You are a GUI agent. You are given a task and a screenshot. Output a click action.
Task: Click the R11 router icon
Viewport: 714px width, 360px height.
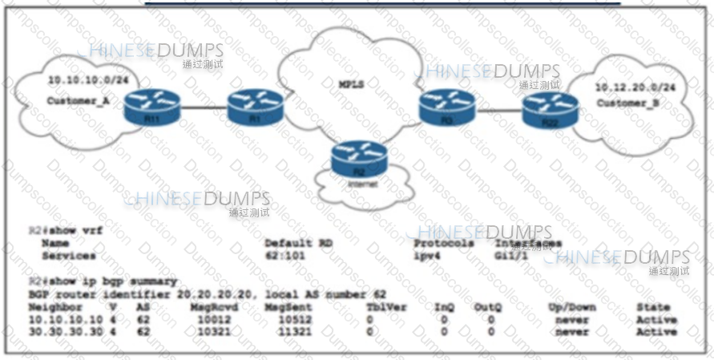[x=153, y=106]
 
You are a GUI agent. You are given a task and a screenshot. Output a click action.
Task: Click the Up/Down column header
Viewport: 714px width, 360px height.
[x=571, y=307]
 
